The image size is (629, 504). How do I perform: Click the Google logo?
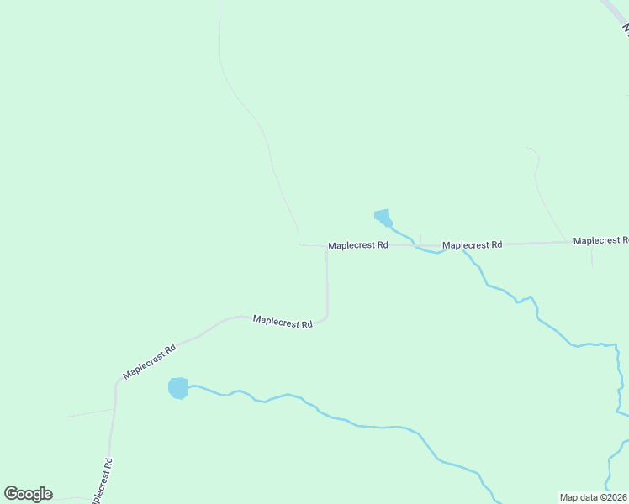pos(28,494)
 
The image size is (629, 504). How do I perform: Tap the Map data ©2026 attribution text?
pos(594,497)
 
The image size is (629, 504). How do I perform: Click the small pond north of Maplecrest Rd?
pos(383,218)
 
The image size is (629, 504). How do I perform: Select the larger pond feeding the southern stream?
pos(178,388)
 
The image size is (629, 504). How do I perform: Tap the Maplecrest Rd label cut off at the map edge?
pos(600,240)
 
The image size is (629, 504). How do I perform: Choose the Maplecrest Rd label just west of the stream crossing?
pos(358,245)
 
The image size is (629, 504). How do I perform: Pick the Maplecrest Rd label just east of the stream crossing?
pos(472,245)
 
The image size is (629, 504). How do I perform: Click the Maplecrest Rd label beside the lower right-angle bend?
pos(283,322)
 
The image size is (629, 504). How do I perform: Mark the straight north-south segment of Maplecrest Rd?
pos(327,281)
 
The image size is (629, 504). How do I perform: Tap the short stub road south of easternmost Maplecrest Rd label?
pos(592,256)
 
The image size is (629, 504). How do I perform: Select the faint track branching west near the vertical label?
pos(91,412)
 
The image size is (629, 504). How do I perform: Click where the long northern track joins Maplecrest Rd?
pos(300,245)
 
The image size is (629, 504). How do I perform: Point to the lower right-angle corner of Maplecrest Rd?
pos(326,317)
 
